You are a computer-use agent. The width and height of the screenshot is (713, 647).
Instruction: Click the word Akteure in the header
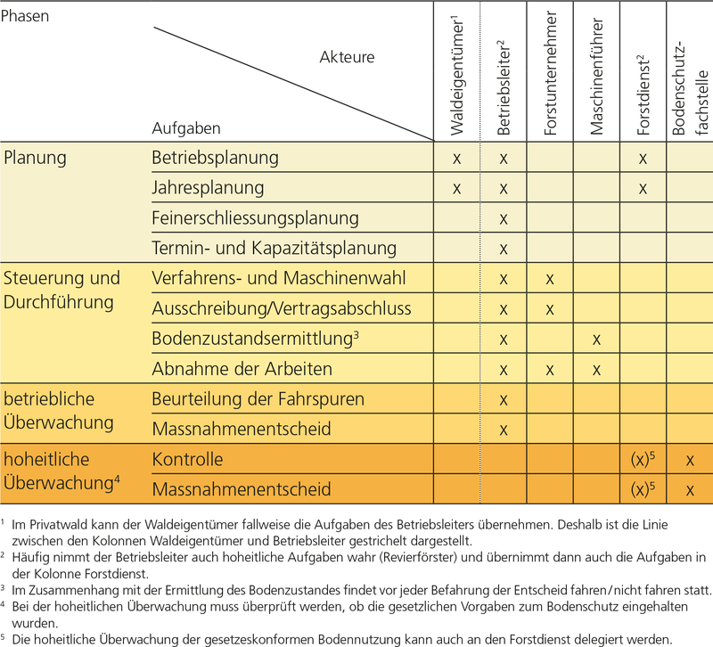pos(347,57)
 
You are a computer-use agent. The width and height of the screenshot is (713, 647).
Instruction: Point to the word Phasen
pos(26,17)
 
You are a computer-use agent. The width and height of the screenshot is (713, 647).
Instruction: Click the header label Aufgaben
pos(186,128)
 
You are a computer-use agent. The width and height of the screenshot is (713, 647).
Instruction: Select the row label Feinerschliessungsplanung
pos(256,218)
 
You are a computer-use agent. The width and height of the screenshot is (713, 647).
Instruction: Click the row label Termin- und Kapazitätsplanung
pos(275,248)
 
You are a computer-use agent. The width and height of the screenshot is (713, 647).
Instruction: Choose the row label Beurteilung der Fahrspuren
pos(258,399)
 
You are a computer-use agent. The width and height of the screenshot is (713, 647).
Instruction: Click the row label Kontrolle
pos(188,460)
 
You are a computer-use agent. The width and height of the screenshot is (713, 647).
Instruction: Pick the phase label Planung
pos(36,158)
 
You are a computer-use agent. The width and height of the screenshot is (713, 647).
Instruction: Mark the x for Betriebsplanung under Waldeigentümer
pos(456,159)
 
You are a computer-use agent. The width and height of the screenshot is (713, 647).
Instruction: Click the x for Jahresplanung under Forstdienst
pos(642,188)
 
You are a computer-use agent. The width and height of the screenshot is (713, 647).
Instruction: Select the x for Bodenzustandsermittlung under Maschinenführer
pos(596,339)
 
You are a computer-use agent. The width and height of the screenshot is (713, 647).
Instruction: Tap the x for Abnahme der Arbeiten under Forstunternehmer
pos(550,369)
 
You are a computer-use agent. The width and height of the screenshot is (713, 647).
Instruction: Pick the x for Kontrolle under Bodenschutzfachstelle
pos(690,460)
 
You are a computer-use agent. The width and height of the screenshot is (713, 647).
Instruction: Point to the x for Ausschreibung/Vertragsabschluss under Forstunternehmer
pos(550,309)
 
